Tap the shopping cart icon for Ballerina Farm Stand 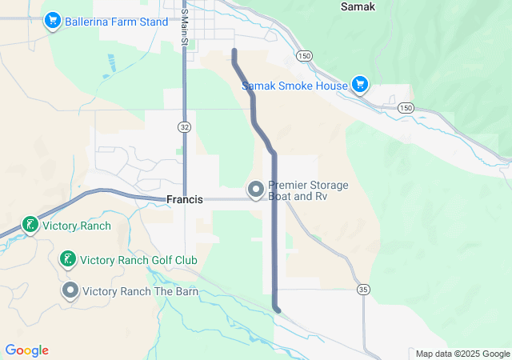(x=52, y=18)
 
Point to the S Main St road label (x=183, y=27)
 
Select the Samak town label (x=358, y=6)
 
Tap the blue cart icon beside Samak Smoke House (x=360, y=84)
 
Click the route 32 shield (x=185, y=126)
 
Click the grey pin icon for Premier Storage (x=256, y=190)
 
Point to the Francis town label (x=185, y=199)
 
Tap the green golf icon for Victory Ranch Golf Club (x=69, y=258)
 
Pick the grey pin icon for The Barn (x=70, y=290)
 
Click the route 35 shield (x=363, y=289)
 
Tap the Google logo (x=26, y=350)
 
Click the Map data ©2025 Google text (x=462, y=354)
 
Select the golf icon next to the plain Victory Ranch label (x=30, y=226)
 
